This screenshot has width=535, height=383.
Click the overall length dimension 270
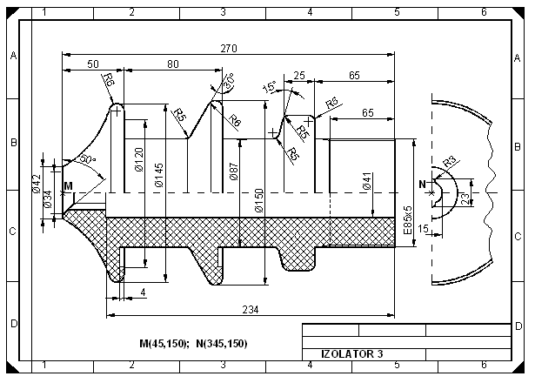pos(229,48)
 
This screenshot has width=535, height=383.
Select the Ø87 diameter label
pos(235,170)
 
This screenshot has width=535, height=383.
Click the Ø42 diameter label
pos(37,183)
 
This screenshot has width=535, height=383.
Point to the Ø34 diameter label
pos(48,199)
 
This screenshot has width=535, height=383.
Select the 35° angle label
pos(229,82)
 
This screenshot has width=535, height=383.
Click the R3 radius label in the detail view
pos(450,161)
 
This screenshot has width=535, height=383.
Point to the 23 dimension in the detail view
pos(465,198)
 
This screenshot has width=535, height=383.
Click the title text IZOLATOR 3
pos(345,354)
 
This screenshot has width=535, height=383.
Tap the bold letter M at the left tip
pos(68,186)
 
